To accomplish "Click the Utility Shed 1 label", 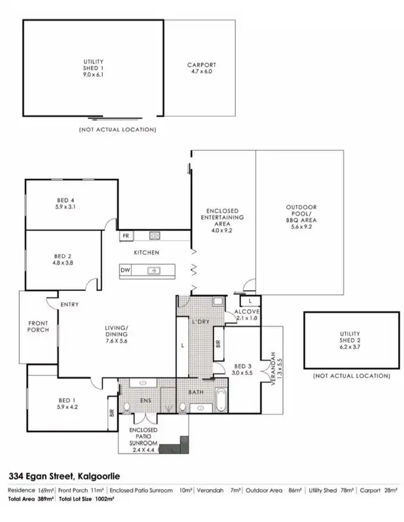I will (x=93, y=69).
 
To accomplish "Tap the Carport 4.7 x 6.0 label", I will (x=201, y=68).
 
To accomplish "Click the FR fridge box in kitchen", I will (x=126, y=235).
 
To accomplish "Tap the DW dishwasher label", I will (x=125, y=270).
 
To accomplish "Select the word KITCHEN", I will (x=147, y=252).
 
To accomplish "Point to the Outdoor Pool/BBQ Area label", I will (x=301, y=217).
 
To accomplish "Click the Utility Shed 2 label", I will (x=350, y=337).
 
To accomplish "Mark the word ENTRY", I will (x=69, y=305).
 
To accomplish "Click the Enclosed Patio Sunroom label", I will (x=144, y=438).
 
